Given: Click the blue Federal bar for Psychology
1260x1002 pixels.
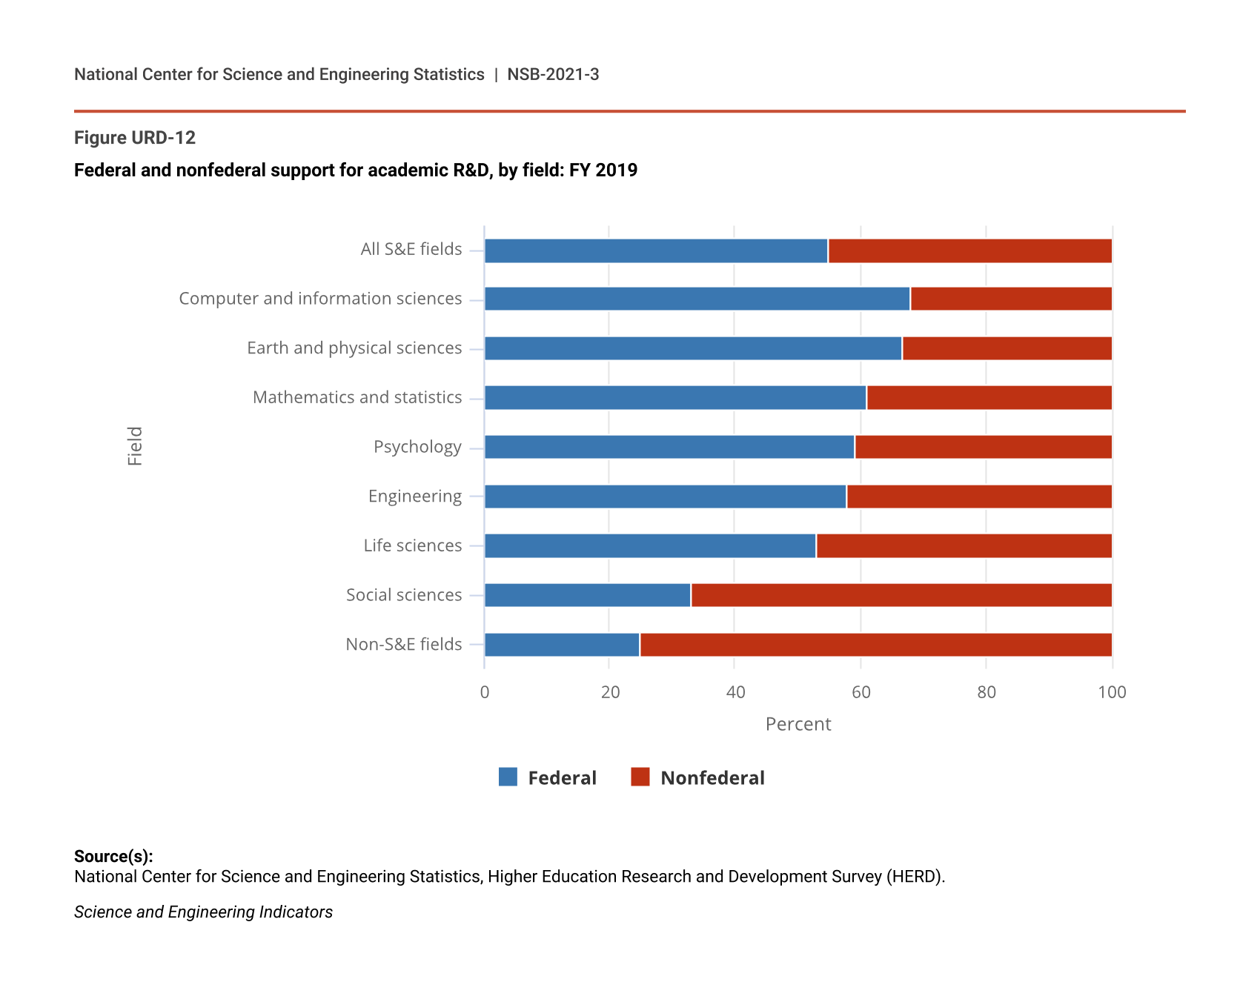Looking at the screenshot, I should coord(669,447).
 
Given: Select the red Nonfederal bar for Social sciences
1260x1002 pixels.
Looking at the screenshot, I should coord(901,595).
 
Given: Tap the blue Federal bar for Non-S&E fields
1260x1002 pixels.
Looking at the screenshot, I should coord(562,645).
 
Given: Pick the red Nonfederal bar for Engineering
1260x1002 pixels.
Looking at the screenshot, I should coord(979,497).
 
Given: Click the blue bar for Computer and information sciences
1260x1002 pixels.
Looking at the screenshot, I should coord(697,299).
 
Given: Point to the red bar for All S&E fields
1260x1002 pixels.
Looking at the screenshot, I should coord(970,251).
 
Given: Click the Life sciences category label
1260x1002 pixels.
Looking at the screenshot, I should coord(413,545).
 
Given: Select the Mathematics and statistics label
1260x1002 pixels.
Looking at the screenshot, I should coord(357,397).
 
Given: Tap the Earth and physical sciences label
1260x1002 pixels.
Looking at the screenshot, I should coord(354,348).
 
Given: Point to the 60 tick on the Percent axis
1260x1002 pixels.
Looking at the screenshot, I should coord(861,692).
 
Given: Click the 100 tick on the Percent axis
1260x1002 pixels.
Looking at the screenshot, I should coord(1112,692).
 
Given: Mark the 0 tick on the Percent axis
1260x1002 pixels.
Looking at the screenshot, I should coord(485,692).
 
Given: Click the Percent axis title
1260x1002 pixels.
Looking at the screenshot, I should coord(798,724).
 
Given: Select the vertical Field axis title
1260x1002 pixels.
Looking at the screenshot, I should coord(135,446).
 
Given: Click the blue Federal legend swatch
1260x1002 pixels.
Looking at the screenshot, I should coord(508,777).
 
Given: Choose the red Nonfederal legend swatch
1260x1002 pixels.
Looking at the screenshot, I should coord(640,777).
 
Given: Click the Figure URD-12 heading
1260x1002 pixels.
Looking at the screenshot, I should coord(135,138).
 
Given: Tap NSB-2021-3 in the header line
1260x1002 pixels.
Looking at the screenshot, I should coord(553,75).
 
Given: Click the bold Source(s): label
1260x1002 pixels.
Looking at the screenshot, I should coord(113,856).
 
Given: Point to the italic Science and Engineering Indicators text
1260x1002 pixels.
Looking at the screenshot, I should coord(203,912).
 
